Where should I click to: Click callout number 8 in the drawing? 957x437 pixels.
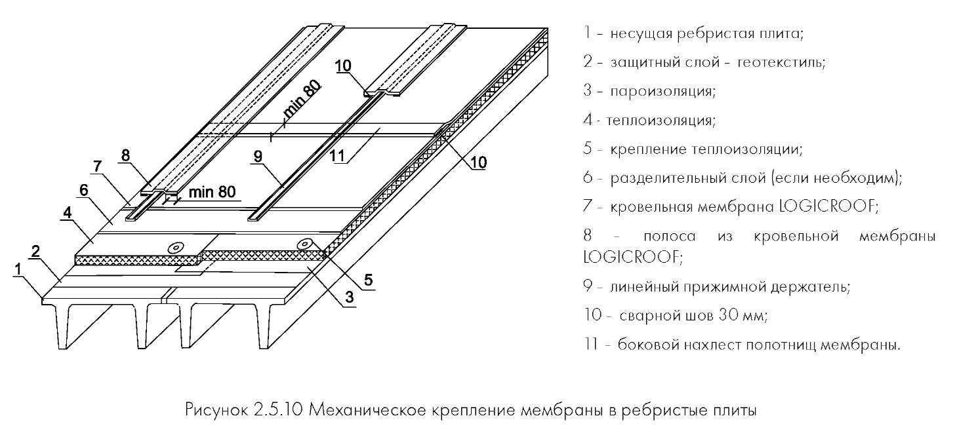click(125, 155)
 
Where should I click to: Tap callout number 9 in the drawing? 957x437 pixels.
click(258, 156)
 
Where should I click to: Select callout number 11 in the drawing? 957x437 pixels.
click(337, 156)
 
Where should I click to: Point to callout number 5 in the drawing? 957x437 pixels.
click(368, 280)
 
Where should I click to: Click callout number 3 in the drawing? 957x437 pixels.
click(350, 297)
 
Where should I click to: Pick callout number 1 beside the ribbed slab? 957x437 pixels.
click(18, 269)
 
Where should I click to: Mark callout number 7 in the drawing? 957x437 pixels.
click(98, 166)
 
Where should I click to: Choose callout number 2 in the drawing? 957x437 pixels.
click(35, 252)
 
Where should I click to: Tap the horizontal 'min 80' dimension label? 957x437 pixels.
click(212, 192)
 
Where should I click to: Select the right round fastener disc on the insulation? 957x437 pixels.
click(306, 244)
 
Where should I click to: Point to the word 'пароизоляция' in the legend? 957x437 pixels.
click(662, 91)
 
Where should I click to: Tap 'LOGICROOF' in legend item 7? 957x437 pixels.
click(828, 206)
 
